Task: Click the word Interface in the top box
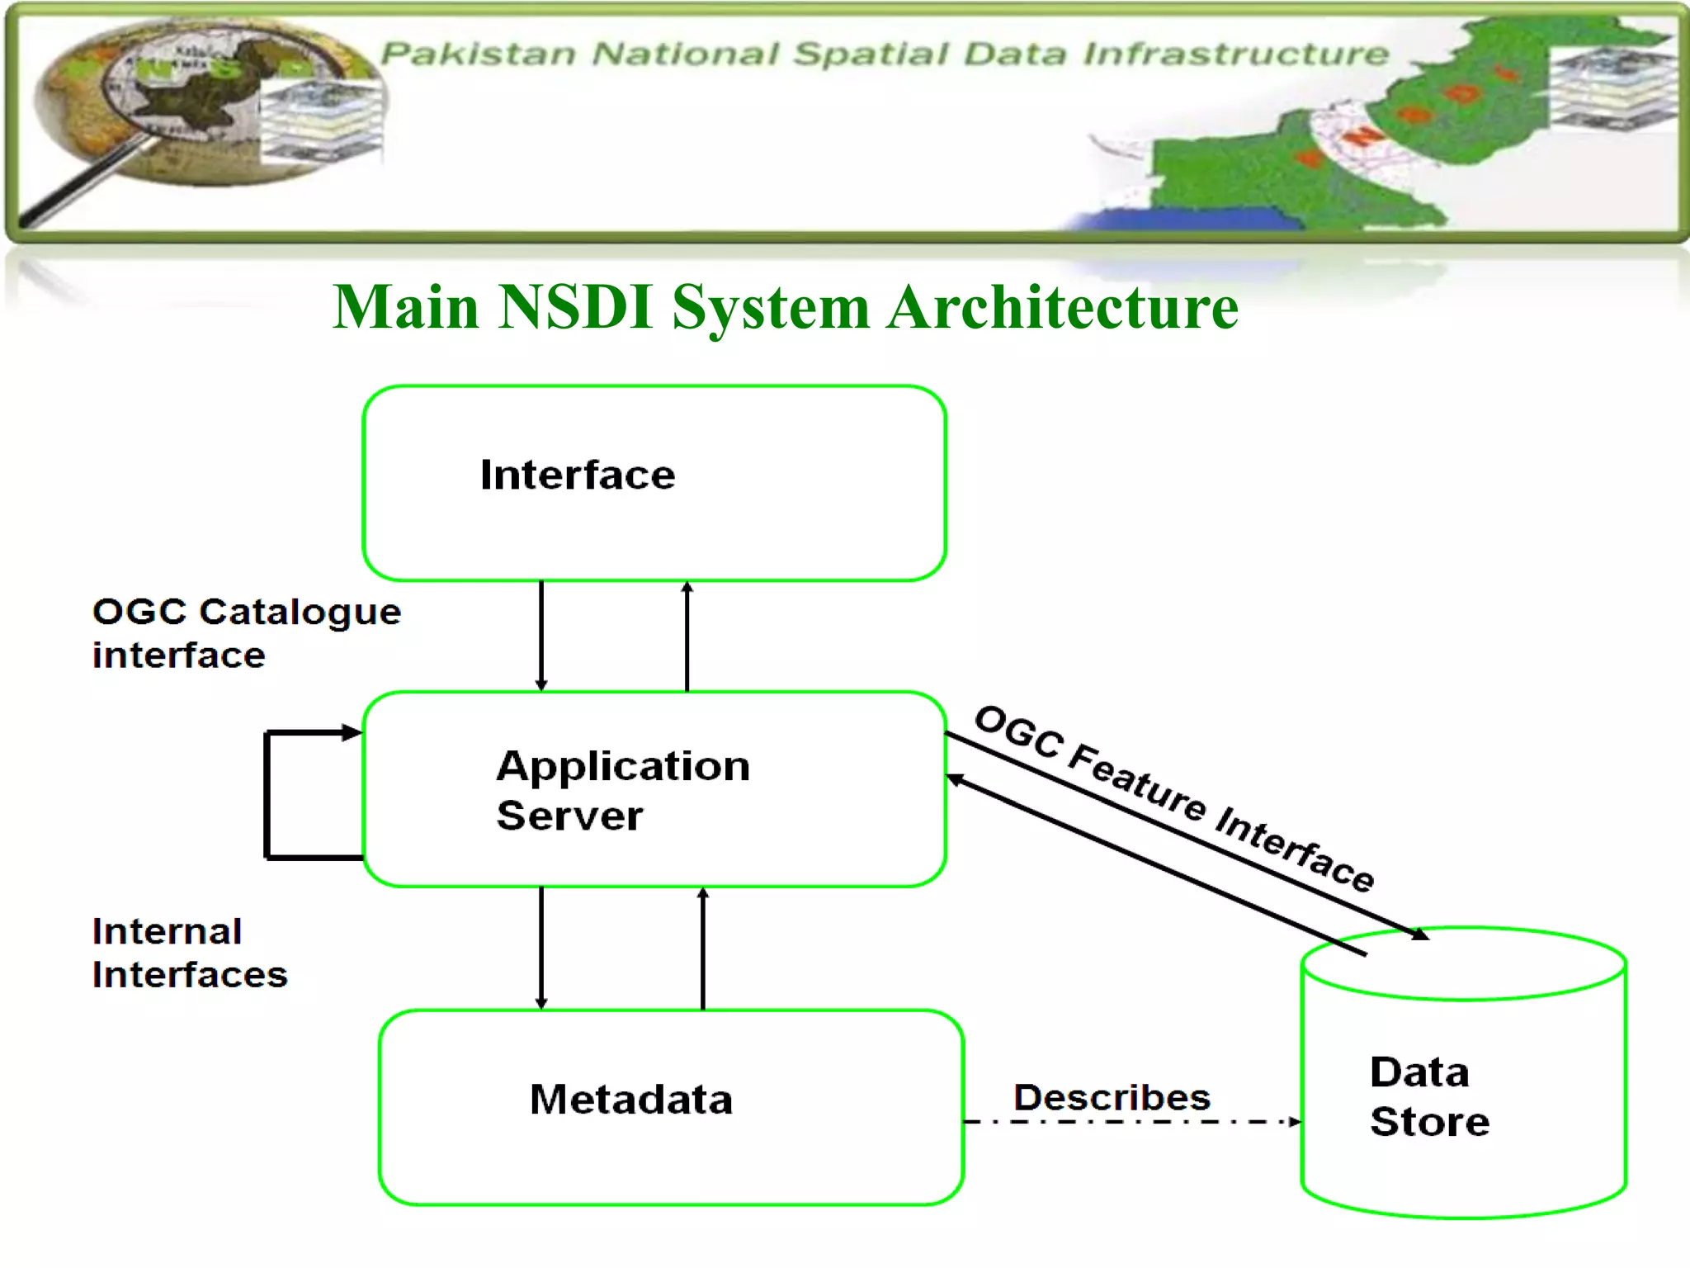pos(578,475)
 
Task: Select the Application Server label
pos(623,790)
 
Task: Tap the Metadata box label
pos(631,1100)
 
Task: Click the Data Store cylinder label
pos(1429,1096)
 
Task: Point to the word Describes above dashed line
pos(1112,1097)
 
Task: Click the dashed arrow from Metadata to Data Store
pos(1131,1122)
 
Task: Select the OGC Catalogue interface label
pos(246,633)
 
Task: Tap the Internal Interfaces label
pos(190,953)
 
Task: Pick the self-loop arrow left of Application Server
pos(267,794)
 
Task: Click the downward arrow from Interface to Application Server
pos(541,636)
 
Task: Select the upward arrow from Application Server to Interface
pos(687,636)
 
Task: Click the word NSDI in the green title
pos(576,307)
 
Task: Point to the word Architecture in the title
pos(1063,307)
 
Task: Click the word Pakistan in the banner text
pos(478,54)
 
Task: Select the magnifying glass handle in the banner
pos(83,186)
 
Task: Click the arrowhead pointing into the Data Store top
pos(1419,934)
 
